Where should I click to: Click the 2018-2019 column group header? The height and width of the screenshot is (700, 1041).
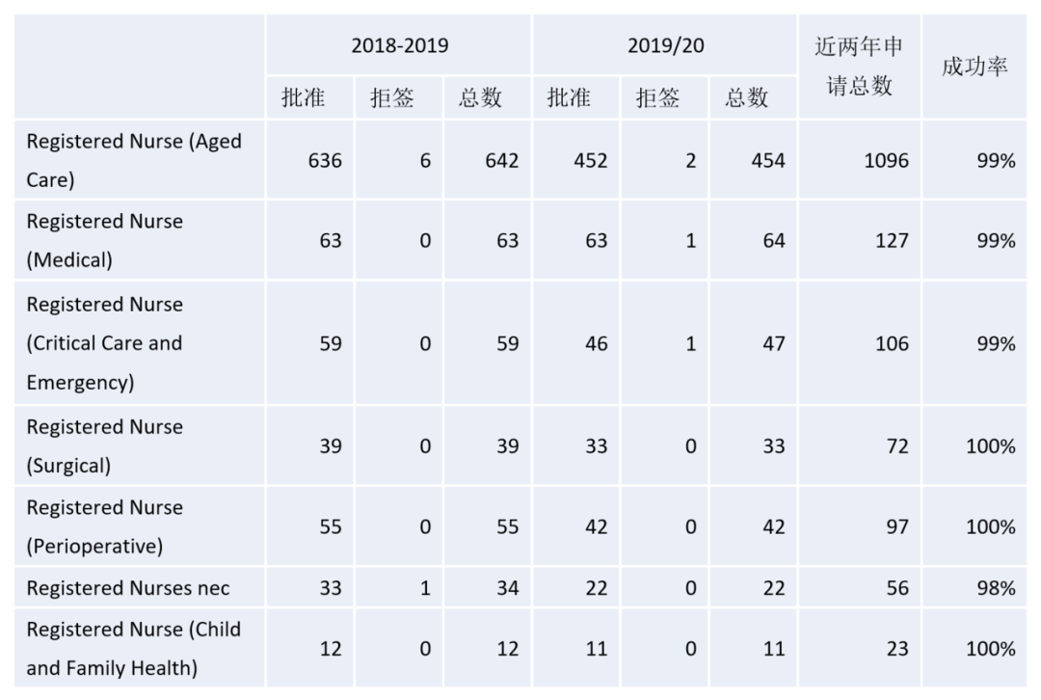pos(399,45)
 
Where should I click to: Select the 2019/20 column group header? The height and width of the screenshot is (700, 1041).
pos(665,45)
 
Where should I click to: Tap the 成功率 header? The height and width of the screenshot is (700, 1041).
pos(974,67)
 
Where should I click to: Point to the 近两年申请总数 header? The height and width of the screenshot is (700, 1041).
pos(859,67)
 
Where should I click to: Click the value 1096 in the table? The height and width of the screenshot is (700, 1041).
pos(886,160)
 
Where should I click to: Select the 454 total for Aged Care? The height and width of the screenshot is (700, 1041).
pos(768,160)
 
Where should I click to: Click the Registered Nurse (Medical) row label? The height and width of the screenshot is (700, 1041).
pos(104,240)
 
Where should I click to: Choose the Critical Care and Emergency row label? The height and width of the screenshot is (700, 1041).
pos(104,343)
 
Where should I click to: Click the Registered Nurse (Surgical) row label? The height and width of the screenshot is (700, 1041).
pos(104,446)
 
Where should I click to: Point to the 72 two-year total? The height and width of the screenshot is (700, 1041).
pos(897,446)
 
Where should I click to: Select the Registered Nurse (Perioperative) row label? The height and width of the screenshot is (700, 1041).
pos(104,526)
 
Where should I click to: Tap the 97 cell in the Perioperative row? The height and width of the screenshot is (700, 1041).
pos(897,526)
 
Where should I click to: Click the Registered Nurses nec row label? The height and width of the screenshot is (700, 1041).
pos(128,587)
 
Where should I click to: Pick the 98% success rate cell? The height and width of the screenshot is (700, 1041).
pos(996,587)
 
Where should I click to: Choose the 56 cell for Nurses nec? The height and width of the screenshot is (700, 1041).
pos(897,587)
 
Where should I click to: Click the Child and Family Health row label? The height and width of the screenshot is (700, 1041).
pos(133,648)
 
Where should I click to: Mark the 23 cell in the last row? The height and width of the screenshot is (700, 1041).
pos(897,648)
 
